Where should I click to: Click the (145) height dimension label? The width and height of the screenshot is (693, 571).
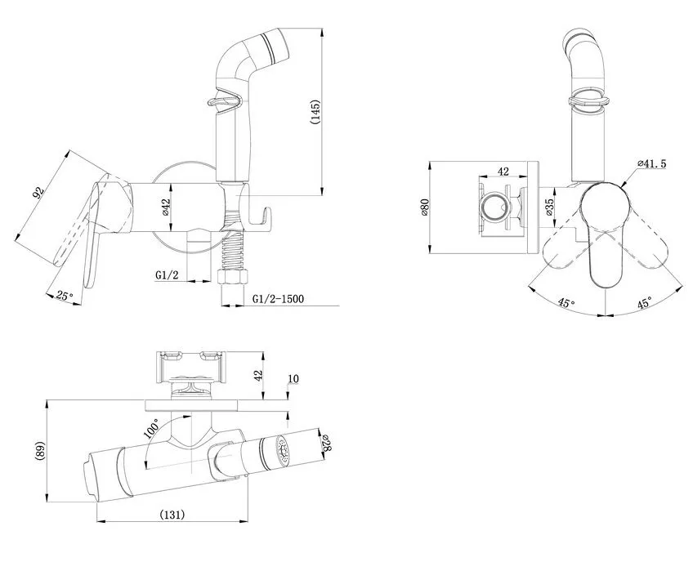point(315,112)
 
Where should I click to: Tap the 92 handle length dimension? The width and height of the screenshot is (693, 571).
point(39,193)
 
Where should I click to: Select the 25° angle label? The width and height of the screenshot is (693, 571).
point(65,296)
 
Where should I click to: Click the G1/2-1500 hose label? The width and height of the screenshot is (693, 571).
point(278,299)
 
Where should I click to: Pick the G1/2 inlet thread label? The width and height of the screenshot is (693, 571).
point(167,275)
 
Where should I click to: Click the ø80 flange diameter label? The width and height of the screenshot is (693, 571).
point(425,207)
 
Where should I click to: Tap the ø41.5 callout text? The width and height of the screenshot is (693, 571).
point(652,163)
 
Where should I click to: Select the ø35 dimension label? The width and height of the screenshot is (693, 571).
point(549,207)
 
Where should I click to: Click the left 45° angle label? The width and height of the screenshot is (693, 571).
point(566,303)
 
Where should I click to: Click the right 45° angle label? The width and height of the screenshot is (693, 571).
point(645,303)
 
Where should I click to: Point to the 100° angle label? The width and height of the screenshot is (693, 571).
point(151,428)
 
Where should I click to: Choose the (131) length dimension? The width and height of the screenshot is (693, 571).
point(172,515)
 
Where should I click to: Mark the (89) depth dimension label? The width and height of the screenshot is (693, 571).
point(39,451)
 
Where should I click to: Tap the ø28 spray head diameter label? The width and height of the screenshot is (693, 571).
point(326,444)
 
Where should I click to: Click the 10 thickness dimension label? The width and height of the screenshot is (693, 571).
point(293,379)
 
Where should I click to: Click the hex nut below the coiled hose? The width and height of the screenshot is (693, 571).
point(234,277)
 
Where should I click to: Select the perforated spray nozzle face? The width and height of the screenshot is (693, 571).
point(282,451)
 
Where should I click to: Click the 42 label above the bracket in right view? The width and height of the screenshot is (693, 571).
point(503,171)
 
